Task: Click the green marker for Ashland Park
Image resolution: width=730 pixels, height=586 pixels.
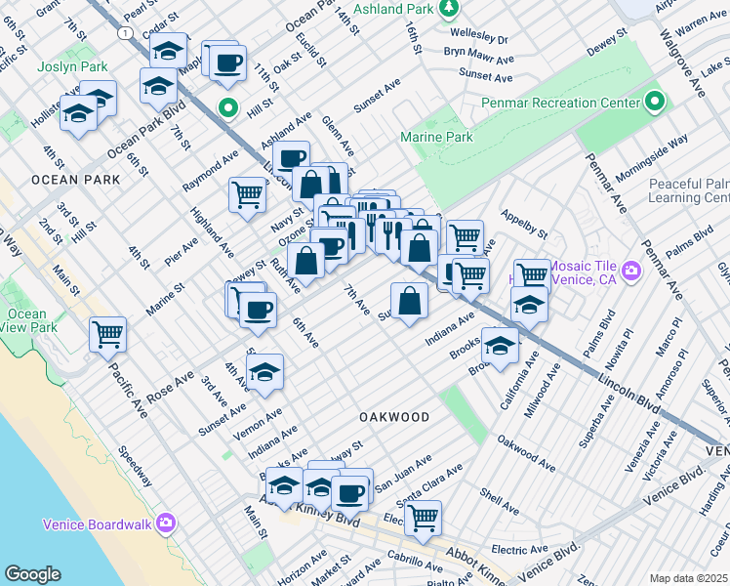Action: (x=448, y=9)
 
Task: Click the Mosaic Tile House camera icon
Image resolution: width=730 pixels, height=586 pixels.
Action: (x=630, y=270)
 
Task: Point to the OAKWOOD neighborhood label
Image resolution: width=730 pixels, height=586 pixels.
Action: (x=394, y=417)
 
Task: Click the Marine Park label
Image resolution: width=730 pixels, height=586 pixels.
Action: (x=436, y=138)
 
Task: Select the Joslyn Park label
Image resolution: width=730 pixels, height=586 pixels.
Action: (x=70, y=68)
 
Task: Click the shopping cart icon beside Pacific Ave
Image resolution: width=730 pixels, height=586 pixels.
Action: (x=107, y=335)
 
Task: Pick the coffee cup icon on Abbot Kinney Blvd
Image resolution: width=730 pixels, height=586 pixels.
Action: (x=349, y=493)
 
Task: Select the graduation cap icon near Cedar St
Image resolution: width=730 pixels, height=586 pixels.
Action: (x=169, y=51)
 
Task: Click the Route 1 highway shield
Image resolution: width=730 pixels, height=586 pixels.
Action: (x=125, y=33)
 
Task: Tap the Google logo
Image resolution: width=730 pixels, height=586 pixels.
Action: (x=32, y=574)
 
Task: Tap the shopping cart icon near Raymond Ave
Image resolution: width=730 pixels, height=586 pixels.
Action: (x=247, y=194)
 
